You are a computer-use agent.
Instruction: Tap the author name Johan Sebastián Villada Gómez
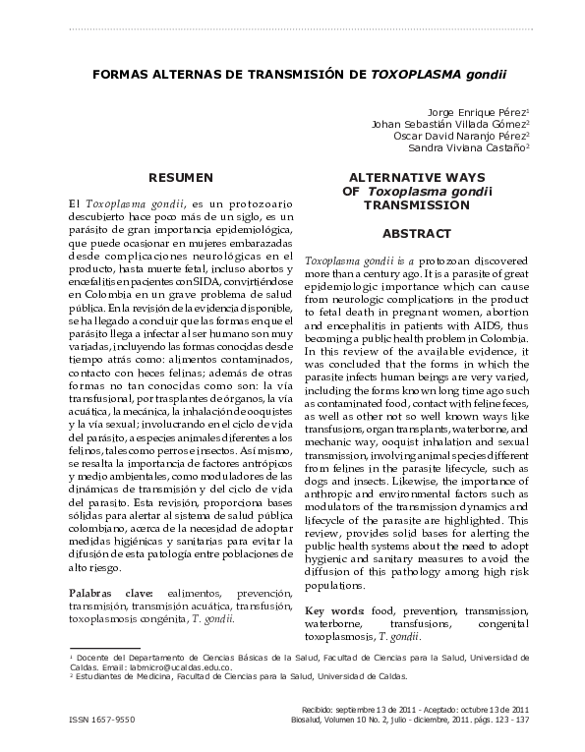[449, 125]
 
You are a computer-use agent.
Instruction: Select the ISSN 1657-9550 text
[101, 720]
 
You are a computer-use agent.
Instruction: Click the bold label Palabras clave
[109, 595]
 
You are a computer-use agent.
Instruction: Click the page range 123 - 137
[509, 720]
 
